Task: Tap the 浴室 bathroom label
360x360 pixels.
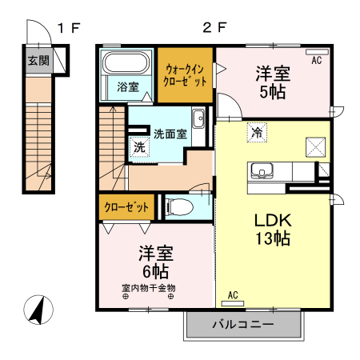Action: [x=127, y=86]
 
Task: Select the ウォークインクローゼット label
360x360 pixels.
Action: [x=186, y=75]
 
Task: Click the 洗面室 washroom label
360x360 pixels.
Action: [x=170, y=134]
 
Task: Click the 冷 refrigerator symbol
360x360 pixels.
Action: [x=258, y=133]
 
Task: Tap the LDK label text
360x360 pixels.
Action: [x=272, y=219]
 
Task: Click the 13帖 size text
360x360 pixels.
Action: [x=272, y=238]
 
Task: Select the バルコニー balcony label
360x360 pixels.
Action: [x=244, y=326]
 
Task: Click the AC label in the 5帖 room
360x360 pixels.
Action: [x=317, y=59]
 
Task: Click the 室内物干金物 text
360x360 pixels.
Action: [x=149, y=287]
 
